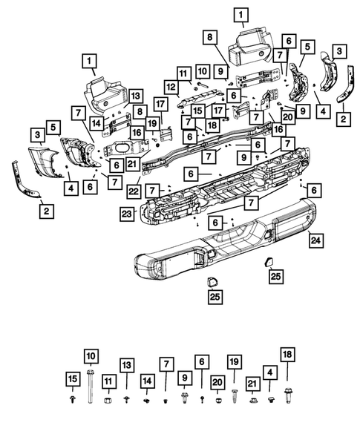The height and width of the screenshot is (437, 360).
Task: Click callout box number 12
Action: point(171,87)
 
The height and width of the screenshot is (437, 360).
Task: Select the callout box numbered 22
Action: point(134,191)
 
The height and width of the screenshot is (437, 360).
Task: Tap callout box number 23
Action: point(127,214)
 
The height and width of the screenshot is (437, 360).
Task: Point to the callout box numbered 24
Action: point(316,240)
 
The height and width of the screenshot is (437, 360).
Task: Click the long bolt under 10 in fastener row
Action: point(91,387)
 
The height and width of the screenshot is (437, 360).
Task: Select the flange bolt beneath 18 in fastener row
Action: point(287,395)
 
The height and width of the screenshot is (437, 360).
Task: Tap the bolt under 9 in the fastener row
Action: point(184,398)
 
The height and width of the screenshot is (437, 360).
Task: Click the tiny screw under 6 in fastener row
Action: point(202,400)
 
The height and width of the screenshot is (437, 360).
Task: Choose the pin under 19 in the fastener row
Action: point(235,396)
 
